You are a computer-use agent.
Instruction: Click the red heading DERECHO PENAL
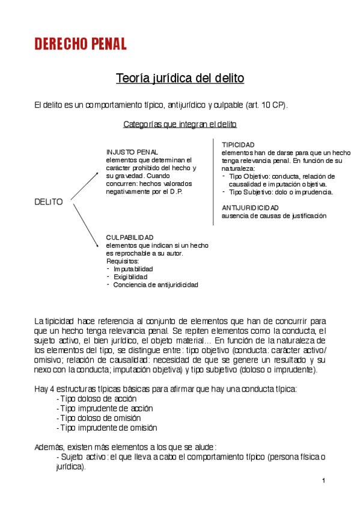(81, 44)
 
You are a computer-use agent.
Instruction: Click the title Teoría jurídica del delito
(180, 79)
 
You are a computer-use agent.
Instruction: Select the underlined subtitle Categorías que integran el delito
(180, 124)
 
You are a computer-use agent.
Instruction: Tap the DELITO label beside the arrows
(49, 202)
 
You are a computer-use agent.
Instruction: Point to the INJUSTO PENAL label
(132, 152)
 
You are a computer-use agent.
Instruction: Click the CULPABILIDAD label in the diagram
(129, 238)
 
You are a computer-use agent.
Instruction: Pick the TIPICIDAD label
(238, 145)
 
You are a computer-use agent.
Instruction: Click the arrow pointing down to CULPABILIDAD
(85, 224)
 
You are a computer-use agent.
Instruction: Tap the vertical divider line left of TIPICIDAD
(213, 180)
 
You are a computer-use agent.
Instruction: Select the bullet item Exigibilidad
(130, 277)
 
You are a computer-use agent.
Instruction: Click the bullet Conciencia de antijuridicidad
(156, 284)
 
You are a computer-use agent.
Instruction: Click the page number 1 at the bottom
(323, 481)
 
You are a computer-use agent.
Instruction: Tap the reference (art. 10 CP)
(266, 105)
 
